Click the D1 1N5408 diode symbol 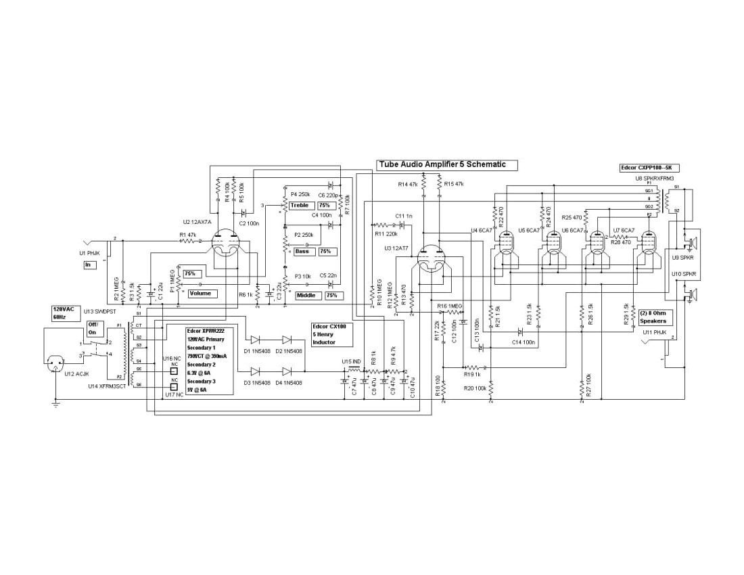pos(255,340)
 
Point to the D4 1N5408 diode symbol pos(287,371)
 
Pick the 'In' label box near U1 pos(88,264)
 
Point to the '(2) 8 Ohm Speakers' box pos(653,317)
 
